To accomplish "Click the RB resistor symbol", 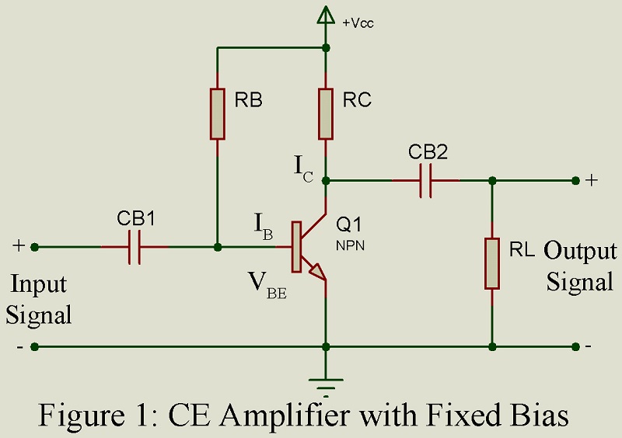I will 217,113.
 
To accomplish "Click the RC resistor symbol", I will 326,113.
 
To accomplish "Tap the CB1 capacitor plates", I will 135,247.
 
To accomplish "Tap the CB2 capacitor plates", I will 425,180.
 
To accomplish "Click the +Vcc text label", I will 358,23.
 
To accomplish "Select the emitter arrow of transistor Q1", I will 316,272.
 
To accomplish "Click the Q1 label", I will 349,225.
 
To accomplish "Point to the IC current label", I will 304,168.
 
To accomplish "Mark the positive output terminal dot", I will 575,180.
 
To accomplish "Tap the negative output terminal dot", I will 575,346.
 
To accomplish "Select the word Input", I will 38,285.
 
